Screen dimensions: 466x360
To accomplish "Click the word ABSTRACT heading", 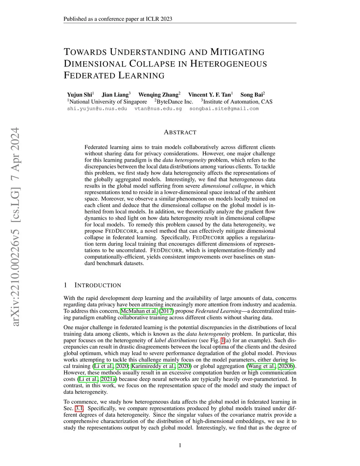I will (180, 133).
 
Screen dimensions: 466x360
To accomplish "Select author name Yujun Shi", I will (79, 95).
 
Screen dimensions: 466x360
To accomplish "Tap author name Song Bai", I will (252, 95).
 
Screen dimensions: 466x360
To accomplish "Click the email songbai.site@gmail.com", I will (224, 109).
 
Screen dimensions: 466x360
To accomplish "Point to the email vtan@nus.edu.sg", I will (158, 109).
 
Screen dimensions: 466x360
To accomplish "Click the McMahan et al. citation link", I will (139, 311).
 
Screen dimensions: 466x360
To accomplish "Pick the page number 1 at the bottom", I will (180, 446).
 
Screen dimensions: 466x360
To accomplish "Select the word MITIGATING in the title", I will (237, 52).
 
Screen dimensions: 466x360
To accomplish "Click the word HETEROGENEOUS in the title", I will (229, 64).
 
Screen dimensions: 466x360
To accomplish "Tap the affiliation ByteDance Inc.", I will (175, 102).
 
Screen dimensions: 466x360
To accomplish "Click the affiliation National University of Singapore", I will (108, 102).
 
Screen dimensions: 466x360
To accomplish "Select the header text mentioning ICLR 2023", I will (118, 19).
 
